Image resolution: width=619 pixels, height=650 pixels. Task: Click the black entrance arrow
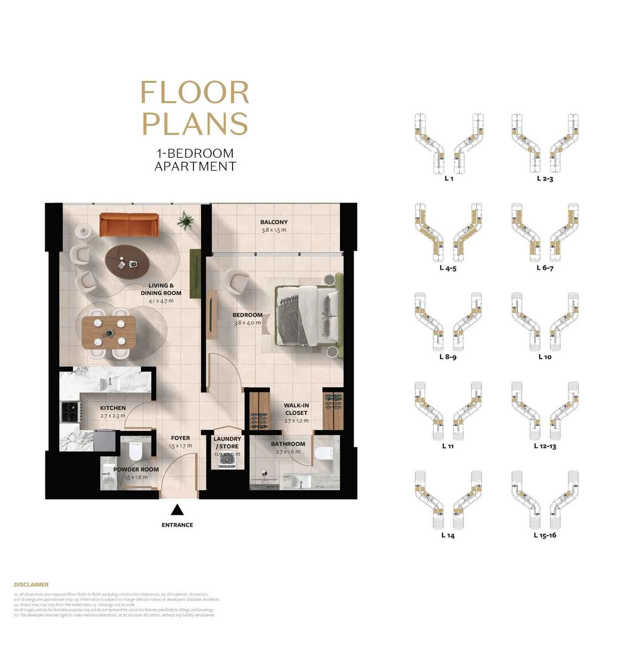pos(177,510)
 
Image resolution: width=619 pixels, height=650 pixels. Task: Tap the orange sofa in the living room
pos(128,224)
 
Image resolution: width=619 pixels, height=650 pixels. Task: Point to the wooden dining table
pos(109,332)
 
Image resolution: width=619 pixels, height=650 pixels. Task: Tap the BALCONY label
pos(274,222)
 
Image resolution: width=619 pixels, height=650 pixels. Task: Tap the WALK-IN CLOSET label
pos(296,409)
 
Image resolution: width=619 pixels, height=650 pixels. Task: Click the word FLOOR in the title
pos(195,93)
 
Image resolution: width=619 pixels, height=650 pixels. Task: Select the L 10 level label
pos(545,357)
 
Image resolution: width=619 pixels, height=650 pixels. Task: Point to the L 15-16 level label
pos(545,535)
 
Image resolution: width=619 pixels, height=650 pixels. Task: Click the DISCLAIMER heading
pos(31,584)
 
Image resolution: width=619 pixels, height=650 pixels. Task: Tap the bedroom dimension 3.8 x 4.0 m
pos(248,323)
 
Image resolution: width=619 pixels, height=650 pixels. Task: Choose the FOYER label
pos(180,438)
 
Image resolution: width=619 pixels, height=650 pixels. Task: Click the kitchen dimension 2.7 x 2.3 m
pos(113,416)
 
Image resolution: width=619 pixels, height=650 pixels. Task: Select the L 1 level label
pos(449,178)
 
